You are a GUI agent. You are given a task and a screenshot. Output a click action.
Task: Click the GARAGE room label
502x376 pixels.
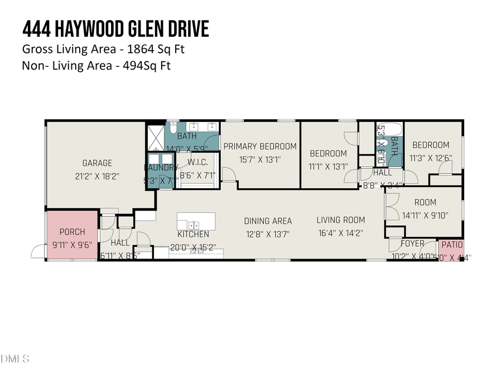coord(97,163)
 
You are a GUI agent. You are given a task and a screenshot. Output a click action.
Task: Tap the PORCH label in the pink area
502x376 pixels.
coord(72,232)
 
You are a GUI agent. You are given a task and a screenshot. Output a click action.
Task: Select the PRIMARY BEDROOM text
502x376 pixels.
coord(260,147)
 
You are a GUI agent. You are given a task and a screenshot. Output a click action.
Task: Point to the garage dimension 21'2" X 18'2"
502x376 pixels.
coord(97,175)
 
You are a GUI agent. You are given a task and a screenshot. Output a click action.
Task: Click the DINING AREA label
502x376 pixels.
coord(268,221)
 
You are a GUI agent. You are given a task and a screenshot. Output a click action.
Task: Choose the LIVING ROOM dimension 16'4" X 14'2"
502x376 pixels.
coord(341,233)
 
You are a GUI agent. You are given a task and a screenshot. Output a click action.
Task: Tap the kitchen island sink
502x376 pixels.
coord(192,224)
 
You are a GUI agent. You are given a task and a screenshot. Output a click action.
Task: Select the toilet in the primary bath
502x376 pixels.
coord(173,127)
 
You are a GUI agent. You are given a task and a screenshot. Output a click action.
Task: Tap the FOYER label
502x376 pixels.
coord(413,243)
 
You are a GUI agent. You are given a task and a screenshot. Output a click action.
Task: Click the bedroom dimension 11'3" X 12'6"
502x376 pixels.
coord(430,158)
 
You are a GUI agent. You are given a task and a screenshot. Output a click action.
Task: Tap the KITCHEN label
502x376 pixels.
coord(194,235)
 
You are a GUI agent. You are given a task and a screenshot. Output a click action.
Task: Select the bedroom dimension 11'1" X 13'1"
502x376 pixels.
coord(328,166)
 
